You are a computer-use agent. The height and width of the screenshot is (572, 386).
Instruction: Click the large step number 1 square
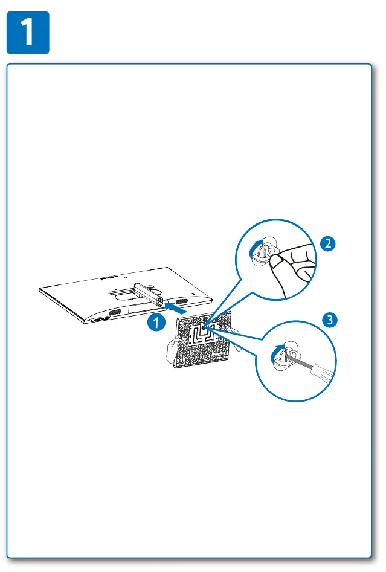[x=28, y=33]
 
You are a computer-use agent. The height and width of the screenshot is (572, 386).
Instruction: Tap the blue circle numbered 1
[x=156, y=322]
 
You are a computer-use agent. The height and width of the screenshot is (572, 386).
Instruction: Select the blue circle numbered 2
[x=327, y=243]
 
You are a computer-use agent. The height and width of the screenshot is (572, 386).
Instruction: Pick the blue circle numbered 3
[x=330, y=320]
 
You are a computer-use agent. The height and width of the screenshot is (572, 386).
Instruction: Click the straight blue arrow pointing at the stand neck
[x=176, y=307]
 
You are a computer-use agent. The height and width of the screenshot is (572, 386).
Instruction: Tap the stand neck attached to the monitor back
[x=147, y=293]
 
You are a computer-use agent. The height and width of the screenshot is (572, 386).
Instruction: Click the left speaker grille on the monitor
[x=115, y=313]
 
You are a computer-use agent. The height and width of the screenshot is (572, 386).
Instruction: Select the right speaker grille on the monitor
[x=181, y=301]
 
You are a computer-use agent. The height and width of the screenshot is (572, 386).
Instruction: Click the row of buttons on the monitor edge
[x=100, y=319]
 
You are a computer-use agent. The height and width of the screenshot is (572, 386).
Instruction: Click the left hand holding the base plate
[x=172, y=350]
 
